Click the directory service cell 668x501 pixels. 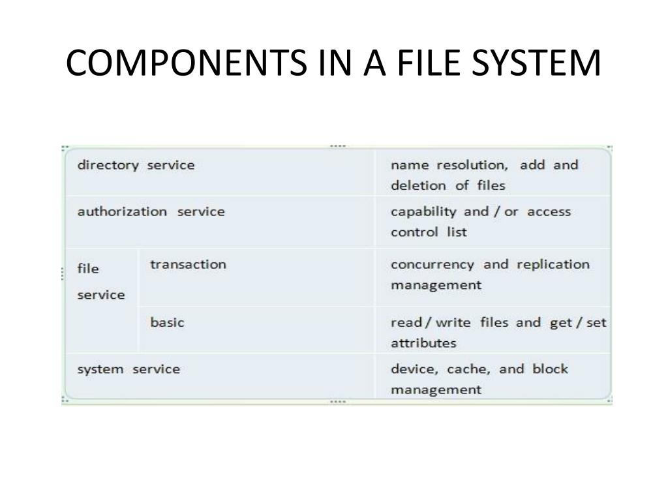[136, 165]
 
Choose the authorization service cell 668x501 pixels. [151, 211]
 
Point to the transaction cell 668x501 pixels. [188, 264]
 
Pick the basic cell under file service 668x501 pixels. [167, 322]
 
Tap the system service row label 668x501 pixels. [129, 369]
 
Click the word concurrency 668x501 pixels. [433, 264]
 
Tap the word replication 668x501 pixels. [553, 264]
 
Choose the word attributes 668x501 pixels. [423, 343]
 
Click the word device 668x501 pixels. [415, 369]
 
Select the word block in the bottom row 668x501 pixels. [550, 369]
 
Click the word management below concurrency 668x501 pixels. [436, 285]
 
